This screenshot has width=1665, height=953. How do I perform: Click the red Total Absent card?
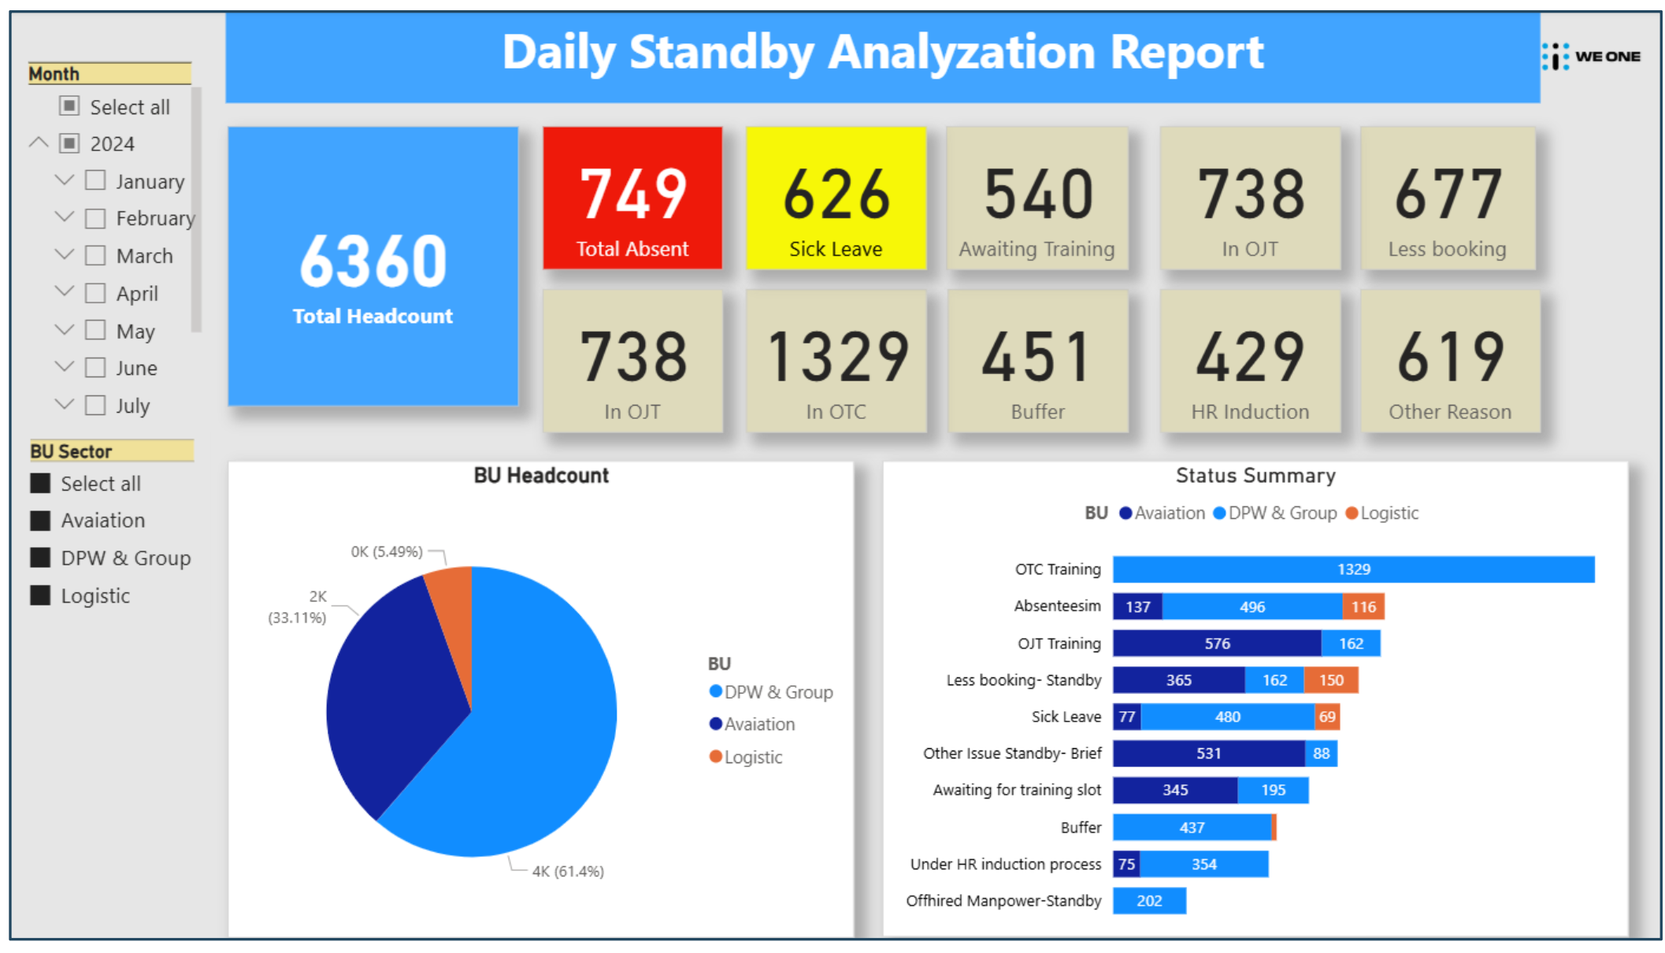click(x=632, y=198)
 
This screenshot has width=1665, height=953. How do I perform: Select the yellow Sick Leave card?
click(x=836, y=198)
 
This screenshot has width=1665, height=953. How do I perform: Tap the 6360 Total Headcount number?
click(x=373, y=261)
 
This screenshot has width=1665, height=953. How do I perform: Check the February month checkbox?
click(x=95, y=218)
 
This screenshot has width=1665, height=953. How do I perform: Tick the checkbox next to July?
click(x=95, y=405)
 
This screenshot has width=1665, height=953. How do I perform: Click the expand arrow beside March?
click(x=65, y=254)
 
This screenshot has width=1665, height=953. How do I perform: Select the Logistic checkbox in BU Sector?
click(x=40, y=595)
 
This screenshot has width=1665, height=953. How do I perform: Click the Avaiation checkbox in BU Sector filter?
click(x=40, y=521)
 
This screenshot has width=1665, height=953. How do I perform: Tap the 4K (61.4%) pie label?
click(x=568, y=871)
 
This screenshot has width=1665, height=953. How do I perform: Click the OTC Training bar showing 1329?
click(x=1353, y=569)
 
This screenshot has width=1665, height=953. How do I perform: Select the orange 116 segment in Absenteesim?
click(x=1363, y=606)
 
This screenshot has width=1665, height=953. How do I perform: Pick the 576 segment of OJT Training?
click(x=1217, y=643)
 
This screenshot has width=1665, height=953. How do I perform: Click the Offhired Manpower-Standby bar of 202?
click(x=1149, y=900)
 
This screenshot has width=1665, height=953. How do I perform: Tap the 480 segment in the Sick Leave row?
click(x=1227, y=717)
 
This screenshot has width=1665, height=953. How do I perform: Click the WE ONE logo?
click(x=1592, y=57)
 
